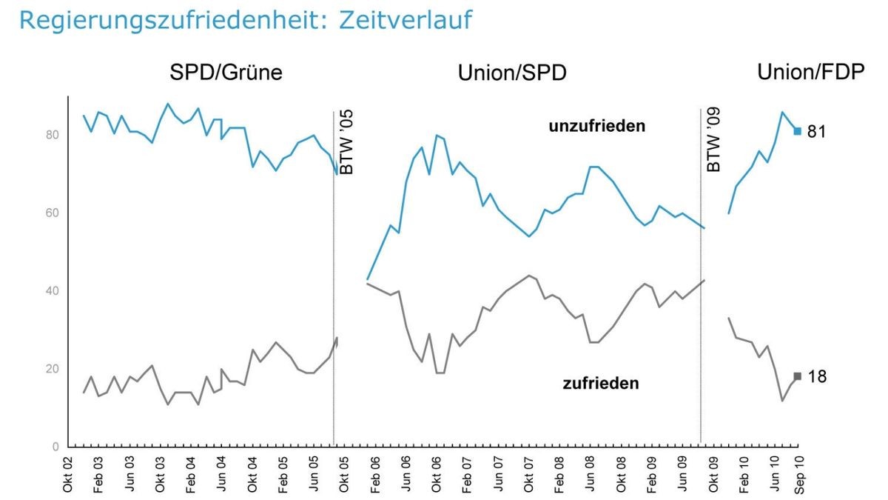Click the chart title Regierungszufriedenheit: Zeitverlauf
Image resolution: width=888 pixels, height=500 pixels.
(x=245, y=20)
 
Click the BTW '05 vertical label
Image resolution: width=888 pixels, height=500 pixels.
(x=346, y=143)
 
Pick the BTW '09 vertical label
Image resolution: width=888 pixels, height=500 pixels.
(x=713, y=141)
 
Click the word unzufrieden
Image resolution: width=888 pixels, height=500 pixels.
(x=596, y=126)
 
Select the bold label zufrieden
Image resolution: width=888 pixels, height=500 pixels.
(x=600, y=384)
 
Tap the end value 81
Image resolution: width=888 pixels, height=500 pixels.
(x=817, y=132)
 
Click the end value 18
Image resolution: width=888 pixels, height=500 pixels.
(x=817, y=376)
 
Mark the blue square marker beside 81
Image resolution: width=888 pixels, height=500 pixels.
(x=797, y=131)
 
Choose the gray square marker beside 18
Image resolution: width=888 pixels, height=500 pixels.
(x=797, y=376)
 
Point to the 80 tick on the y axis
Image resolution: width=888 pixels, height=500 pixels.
(x=52, y=135)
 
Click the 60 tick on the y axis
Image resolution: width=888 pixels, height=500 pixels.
(x=52, y=213)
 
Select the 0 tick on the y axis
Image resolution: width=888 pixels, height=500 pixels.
(x=55, y=447)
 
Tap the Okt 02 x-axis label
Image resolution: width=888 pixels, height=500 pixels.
(x=68, y=474)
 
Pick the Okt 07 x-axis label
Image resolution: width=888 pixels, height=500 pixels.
(x=528, y=474)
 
